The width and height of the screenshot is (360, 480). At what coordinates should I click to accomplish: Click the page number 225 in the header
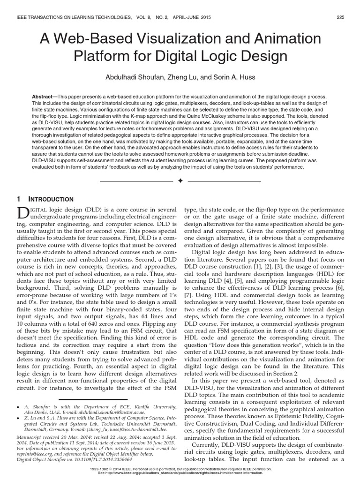(341, 17)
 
